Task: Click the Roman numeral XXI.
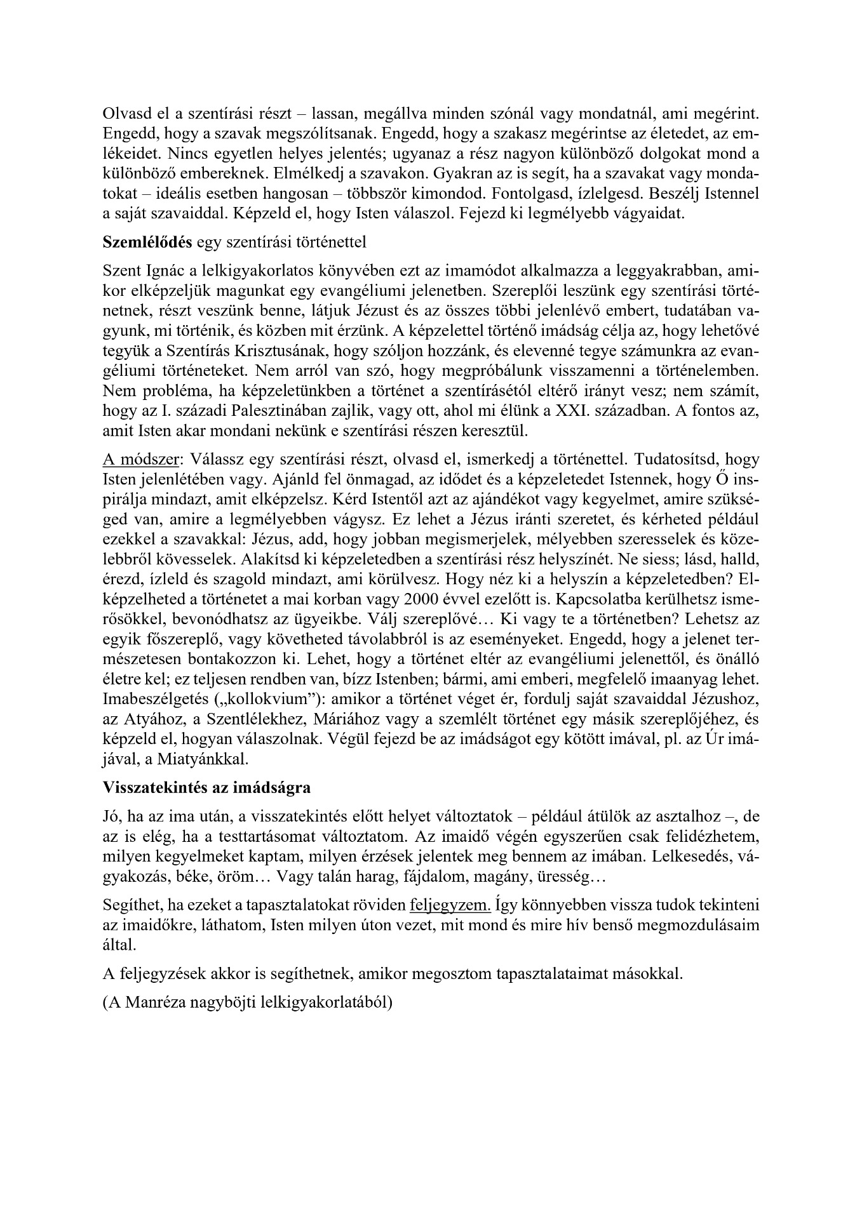click(572, 410)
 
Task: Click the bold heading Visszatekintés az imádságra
click(206, 788)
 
